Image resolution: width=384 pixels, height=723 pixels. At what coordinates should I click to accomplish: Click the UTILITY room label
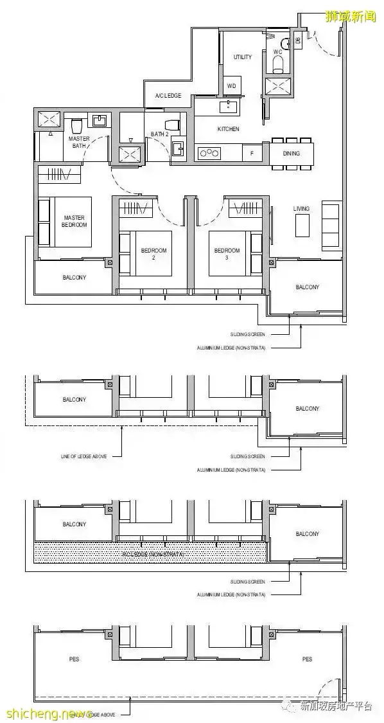243,57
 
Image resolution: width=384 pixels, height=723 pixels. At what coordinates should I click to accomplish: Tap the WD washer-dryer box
231,86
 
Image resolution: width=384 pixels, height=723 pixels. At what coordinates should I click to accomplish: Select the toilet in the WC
278,61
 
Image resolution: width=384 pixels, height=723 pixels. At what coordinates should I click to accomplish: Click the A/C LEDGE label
168,96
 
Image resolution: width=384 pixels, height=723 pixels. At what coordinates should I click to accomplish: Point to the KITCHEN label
228,129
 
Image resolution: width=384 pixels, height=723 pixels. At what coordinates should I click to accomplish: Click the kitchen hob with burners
209,152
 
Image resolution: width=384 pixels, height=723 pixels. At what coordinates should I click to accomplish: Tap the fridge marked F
252,153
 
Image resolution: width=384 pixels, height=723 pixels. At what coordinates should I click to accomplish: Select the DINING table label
292,154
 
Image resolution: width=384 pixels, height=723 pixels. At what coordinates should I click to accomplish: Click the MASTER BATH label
80,142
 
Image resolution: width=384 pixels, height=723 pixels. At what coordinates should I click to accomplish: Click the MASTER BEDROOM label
74,222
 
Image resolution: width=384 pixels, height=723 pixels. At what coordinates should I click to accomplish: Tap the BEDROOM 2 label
154,253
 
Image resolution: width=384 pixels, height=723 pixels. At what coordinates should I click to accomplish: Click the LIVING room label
301,208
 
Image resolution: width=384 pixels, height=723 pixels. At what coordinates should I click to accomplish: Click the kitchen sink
227,106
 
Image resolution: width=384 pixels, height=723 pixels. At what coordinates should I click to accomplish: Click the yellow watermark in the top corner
351,16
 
